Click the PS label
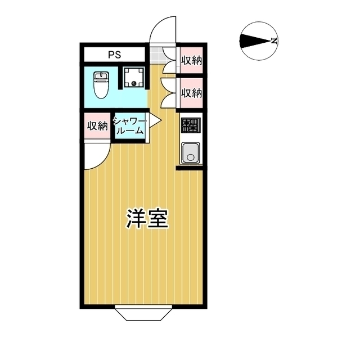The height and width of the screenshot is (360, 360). click(x=115, y=55)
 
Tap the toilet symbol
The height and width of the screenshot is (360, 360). click(x=101, y=85)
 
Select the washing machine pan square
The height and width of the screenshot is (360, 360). click(x=134, y=78)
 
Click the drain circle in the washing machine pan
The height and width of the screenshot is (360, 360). click(x=134, y=84)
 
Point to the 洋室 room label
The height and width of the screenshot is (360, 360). click(x=147, y=218)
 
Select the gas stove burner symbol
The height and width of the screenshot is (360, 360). click(x=190, y=125)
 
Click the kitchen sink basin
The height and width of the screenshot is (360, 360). click(x=190, y=152)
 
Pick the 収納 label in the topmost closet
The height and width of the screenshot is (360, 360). click(x=191, y=60)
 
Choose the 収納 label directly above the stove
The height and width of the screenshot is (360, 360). click(x=191, y=92)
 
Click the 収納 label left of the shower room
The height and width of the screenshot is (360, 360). click(x=97, y=126)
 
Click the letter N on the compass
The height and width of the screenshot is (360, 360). click(x=273, y=41)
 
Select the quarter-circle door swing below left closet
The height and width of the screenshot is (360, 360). click(x=96, y=155)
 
